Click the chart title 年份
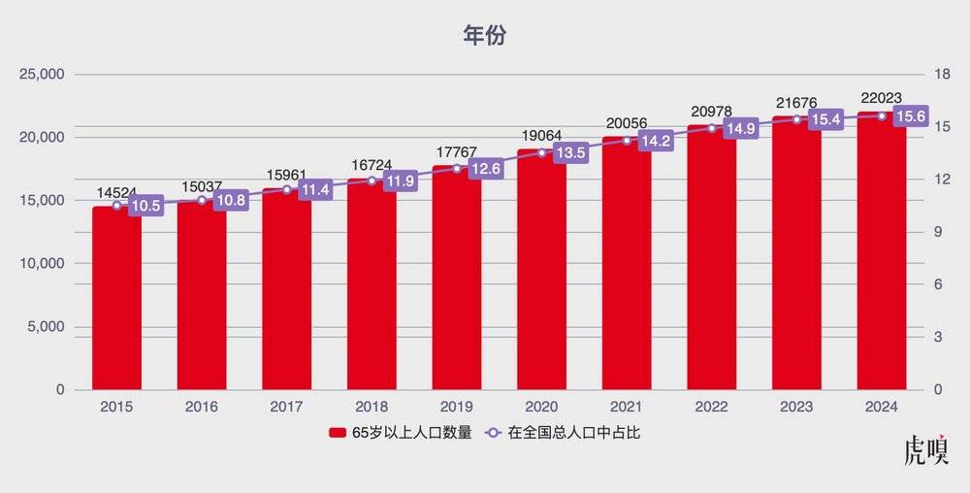click(484, 36)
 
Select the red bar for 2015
click(116, 301)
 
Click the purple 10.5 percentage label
click(145, 206)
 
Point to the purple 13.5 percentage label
click(569, 152)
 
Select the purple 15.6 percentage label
click(910, 115)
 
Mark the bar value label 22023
click(881, 97)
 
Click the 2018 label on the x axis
click(372, 407)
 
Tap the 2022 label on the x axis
click(711, 407)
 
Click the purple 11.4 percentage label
click(314, 189)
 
